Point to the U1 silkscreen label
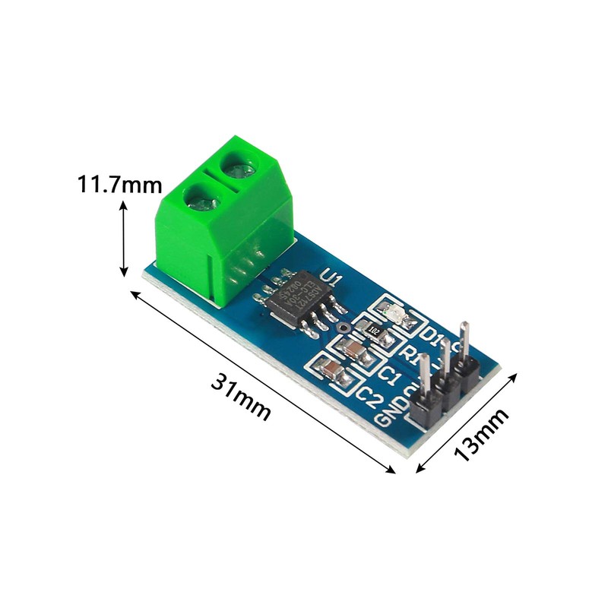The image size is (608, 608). pyautogui.click(x=328, y=280)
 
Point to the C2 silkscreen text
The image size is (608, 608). pyautogui.click(x=369, y=394)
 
